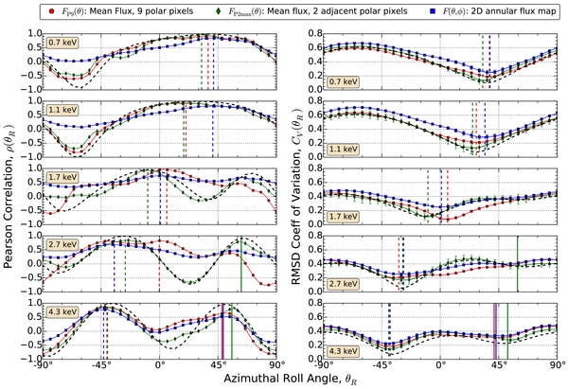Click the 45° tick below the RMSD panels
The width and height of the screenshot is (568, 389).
498,363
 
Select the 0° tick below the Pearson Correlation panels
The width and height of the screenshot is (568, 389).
159,363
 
